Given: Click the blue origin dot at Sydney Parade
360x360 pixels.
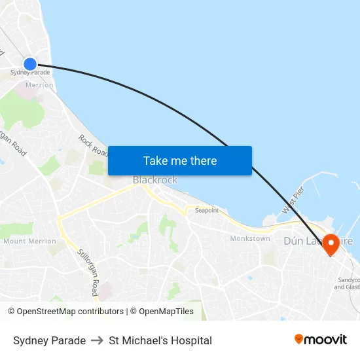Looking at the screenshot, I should click(30, 63).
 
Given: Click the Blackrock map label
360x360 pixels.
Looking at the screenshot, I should click(155, 180).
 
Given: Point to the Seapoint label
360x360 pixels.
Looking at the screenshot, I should click(207, 210).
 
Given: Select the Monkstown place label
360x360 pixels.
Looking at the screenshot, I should click(250, 238).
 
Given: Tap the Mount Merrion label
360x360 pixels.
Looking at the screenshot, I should click(29, 242).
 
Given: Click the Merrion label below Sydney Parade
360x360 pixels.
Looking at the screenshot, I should click(39, 85).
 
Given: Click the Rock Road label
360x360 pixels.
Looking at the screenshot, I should click(93, 145).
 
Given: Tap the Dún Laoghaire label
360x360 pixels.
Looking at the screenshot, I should click(318, 241).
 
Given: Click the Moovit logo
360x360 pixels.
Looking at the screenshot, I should click(321, 340).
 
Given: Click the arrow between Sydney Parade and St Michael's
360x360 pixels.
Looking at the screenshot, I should click(98, 340).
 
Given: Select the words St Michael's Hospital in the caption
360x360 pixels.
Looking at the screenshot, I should click(160, 340).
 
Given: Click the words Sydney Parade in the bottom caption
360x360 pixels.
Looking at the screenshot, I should click(49, 340).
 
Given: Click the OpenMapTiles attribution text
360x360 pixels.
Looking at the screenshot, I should click(165, 312).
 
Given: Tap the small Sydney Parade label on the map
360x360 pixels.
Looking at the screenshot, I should click(30, 73).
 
